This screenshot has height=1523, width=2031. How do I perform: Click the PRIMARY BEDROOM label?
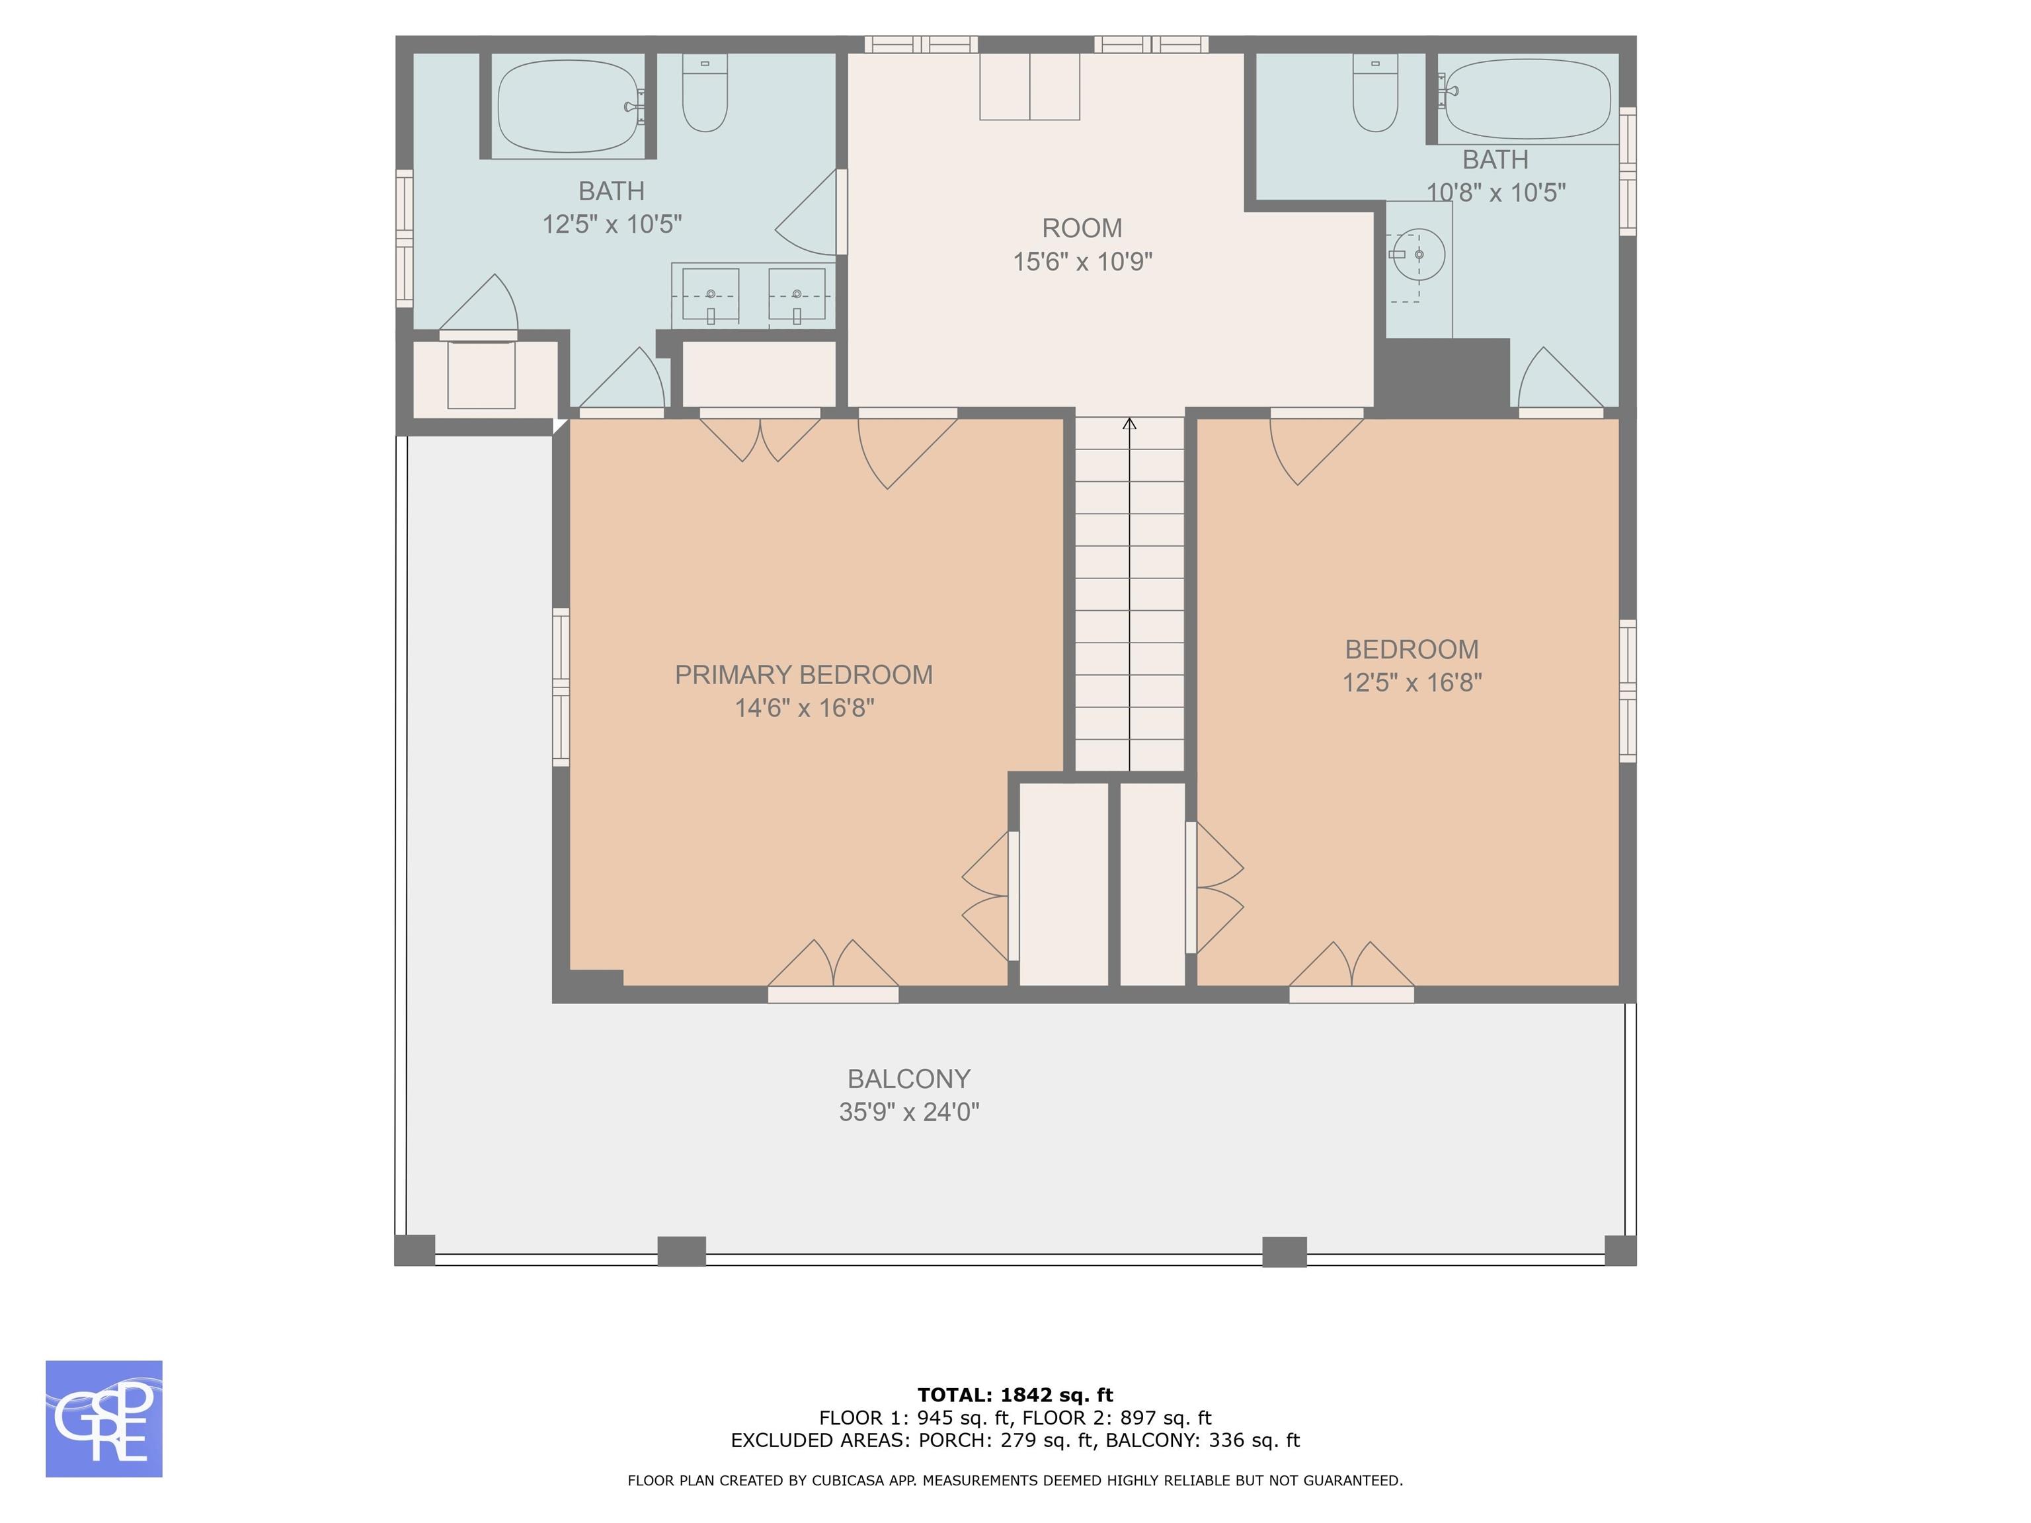[803, 675]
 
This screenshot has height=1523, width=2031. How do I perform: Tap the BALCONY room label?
[909, 1079]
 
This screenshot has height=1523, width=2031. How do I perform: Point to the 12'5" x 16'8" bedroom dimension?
[1412, 683]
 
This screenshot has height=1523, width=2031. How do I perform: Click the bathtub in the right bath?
[1525, 100]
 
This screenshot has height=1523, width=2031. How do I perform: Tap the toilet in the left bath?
[705, 92]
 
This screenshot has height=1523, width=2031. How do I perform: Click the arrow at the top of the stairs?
[1129, 423]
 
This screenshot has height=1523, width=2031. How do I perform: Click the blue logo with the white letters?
[104, 1419]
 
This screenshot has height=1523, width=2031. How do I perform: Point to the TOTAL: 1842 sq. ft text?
[1015, 1395]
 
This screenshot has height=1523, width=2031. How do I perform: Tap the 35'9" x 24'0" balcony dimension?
[909, 1113]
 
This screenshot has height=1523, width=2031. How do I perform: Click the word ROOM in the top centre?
[1082, 227]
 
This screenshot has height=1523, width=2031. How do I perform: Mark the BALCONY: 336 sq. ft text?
[1203, 1440]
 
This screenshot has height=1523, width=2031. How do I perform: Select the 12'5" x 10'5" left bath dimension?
[612, 225]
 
